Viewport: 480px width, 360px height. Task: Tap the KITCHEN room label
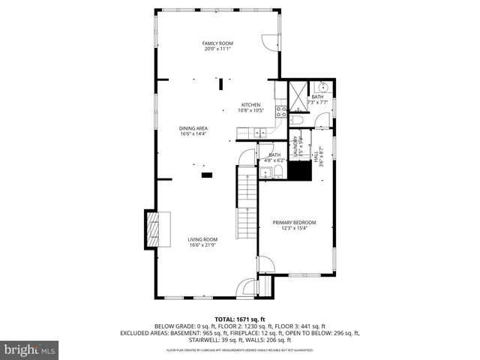(250, 104)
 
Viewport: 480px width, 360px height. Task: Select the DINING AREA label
(193, 128)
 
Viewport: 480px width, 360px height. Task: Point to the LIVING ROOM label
(202, 239)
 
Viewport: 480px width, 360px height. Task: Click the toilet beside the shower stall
(298, 120)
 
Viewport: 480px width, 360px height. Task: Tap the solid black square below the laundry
(301, 171)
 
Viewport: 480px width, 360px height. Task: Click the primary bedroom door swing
(265, 265)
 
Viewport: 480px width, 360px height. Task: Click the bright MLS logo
(30, 349)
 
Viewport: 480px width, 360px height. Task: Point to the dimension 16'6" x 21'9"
(202, 245)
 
